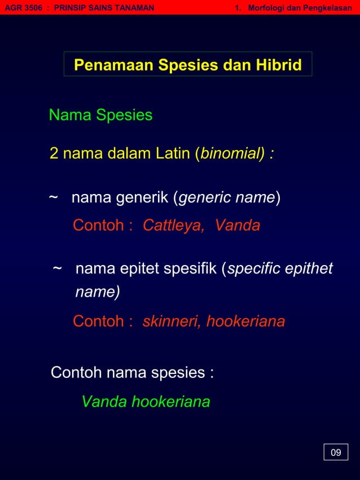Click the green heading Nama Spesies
[100, 116]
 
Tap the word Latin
[170, 153]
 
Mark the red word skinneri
[171, 322]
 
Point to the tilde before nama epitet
[57, 269]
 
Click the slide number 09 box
[336, 452]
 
